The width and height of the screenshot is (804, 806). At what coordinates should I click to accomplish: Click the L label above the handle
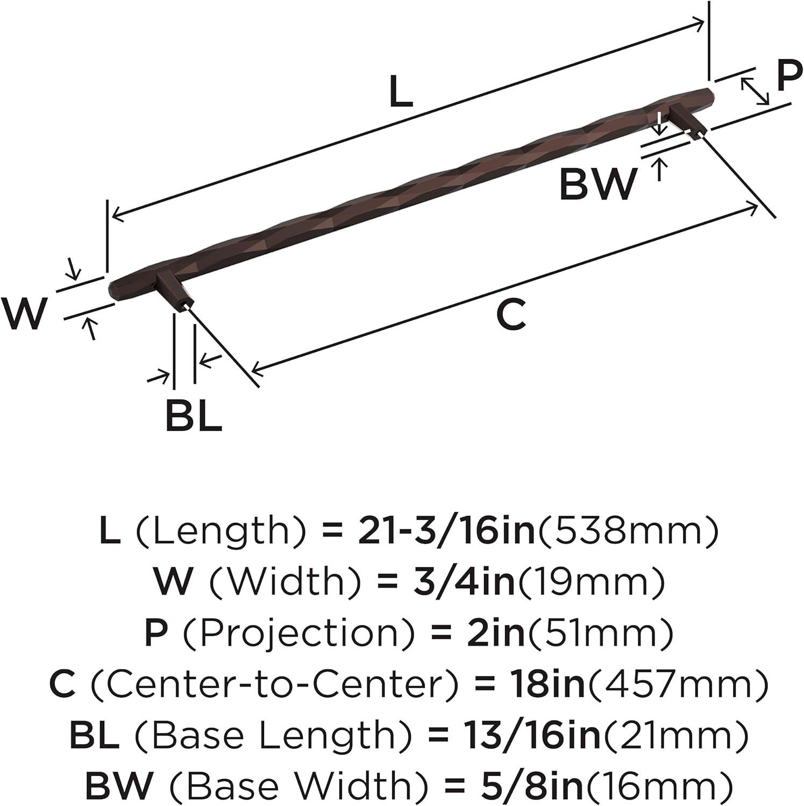click(401, 92)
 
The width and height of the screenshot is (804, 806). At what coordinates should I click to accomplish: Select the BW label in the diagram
click(597, 184)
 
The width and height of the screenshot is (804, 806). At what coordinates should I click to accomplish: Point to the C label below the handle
click(510, 315)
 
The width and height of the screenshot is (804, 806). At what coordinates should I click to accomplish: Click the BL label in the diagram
click(194, 415)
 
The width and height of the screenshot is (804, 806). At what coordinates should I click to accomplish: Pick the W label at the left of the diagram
click(23, 314)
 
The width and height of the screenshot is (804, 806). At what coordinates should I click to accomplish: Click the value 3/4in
click(463, 581)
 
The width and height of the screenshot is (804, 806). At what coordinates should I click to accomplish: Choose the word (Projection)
click(298, 632)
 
